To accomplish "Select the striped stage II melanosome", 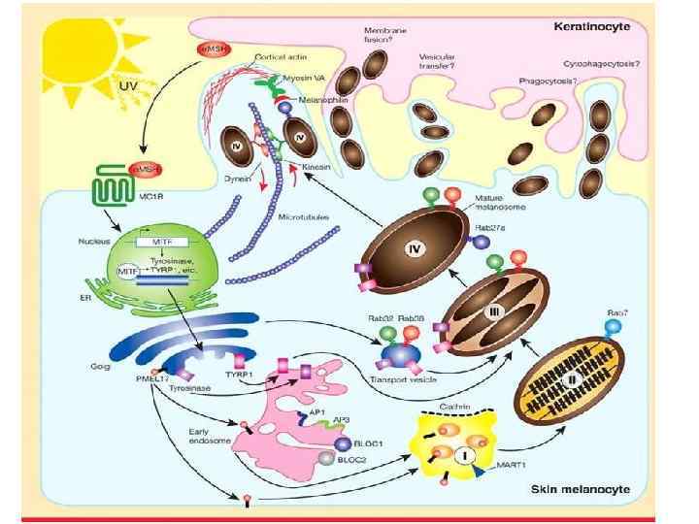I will (x=572, y=387).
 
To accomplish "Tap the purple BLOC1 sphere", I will (x=343, y=443).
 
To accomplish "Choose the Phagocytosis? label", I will (x=548, y=82).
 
